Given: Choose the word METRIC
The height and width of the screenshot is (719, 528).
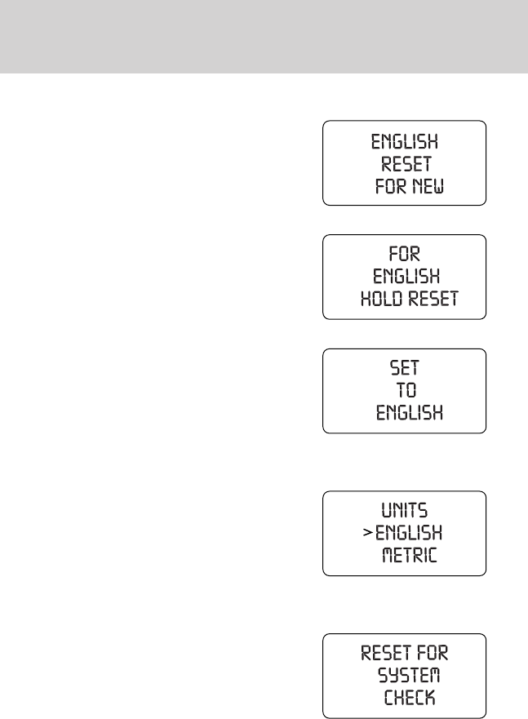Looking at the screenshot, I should coord(410,557).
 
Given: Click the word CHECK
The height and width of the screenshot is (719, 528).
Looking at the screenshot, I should coord(409,698).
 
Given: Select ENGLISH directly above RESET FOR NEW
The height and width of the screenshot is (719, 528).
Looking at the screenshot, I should coord(406,141).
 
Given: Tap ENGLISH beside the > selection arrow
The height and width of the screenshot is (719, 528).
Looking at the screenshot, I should coord(409,534).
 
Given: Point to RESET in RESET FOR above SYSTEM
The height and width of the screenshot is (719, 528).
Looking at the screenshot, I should coord(386,653).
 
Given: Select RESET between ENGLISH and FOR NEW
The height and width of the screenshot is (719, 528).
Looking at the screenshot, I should coord(406,164).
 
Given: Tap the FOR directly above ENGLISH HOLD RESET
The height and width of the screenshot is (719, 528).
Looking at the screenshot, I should coord(404,254).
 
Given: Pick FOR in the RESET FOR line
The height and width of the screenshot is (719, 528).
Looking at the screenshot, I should coord(433,653).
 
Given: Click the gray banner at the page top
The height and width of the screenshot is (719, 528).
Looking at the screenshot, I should coord(264,37).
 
